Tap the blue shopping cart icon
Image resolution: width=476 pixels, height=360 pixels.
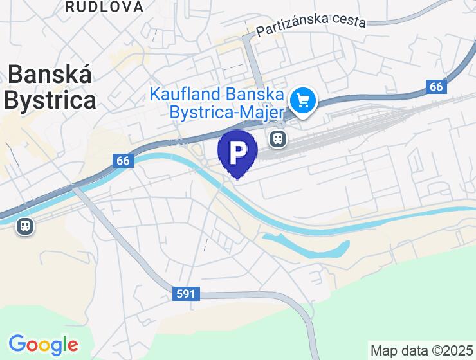click(x=302, y=101)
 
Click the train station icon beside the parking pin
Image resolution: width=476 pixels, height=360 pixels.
click(x=277, y=138)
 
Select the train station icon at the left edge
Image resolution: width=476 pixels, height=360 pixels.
click(x=25, y=226)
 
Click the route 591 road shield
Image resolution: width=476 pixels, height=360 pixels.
click(x=187, y=294)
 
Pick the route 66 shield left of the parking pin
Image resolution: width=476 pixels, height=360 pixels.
click(x=124, y=160)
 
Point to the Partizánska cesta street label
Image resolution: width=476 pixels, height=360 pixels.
click(x=311, y=24)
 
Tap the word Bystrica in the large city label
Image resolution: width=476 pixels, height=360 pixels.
click(x=50, y=100)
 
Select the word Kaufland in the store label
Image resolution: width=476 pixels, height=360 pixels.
click(x=185, y=94)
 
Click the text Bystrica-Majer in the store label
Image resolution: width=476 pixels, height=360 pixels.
click(x=226, y=112)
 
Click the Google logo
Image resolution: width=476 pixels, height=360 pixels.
click(x=43, y=345)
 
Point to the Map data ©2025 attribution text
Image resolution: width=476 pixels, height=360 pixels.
click(x=421, y=351)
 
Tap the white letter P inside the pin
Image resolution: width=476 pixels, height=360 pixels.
click(x=237, y=150)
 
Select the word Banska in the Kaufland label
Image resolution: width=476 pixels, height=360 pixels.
click(x=255, y=94)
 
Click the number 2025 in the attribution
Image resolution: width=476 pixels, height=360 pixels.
click(x=457, y=351)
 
